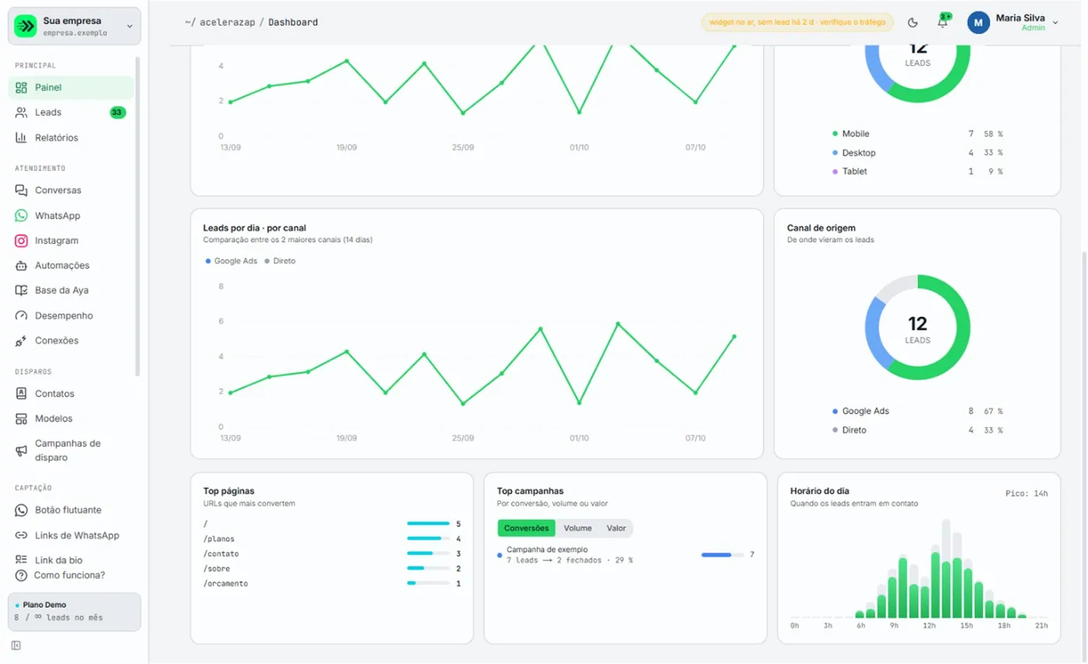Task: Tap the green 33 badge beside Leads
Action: click(x=117, y=112)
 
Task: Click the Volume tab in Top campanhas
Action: click(x=577, y=527)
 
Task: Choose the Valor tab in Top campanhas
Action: click(x=615, y=527)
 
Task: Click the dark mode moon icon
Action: click(x=912, y=23)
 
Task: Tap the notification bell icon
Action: click(x=942, y=22)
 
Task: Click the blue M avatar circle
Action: click(x=978, y=23)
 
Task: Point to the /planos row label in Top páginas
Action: click(x=218, y=539)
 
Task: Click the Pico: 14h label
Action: click(x=1027, y=493)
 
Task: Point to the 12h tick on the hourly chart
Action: click(x=929, y=625)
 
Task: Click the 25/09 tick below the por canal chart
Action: click(x=462, y=438)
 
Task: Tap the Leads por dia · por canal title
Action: click(x=255, y=228)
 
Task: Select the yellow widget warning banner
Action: click(x=797, y=23)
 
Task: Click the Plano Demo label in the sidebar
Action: click(x=44, y=605)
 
